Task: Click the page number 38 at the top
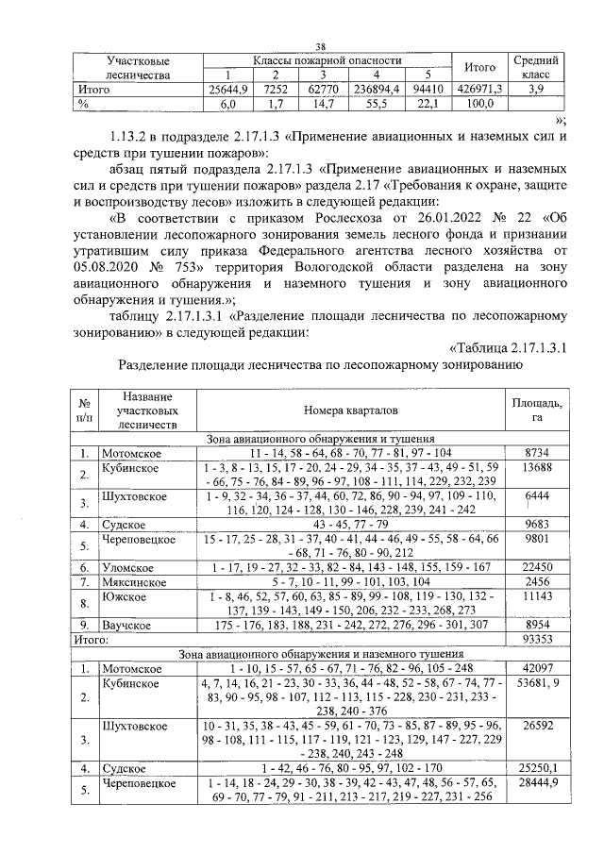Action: click(320, 47)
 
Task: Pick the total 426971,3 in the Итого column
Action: click(480, 91)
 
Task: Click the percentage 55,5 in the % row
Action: click(376, 105)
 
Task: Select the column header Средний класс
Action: click(535, 68)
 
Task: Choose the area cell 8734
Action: click(537, 453)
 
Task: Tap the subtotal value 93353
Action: click(537, 639)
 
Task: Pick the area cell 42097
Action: click(537, 668)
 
